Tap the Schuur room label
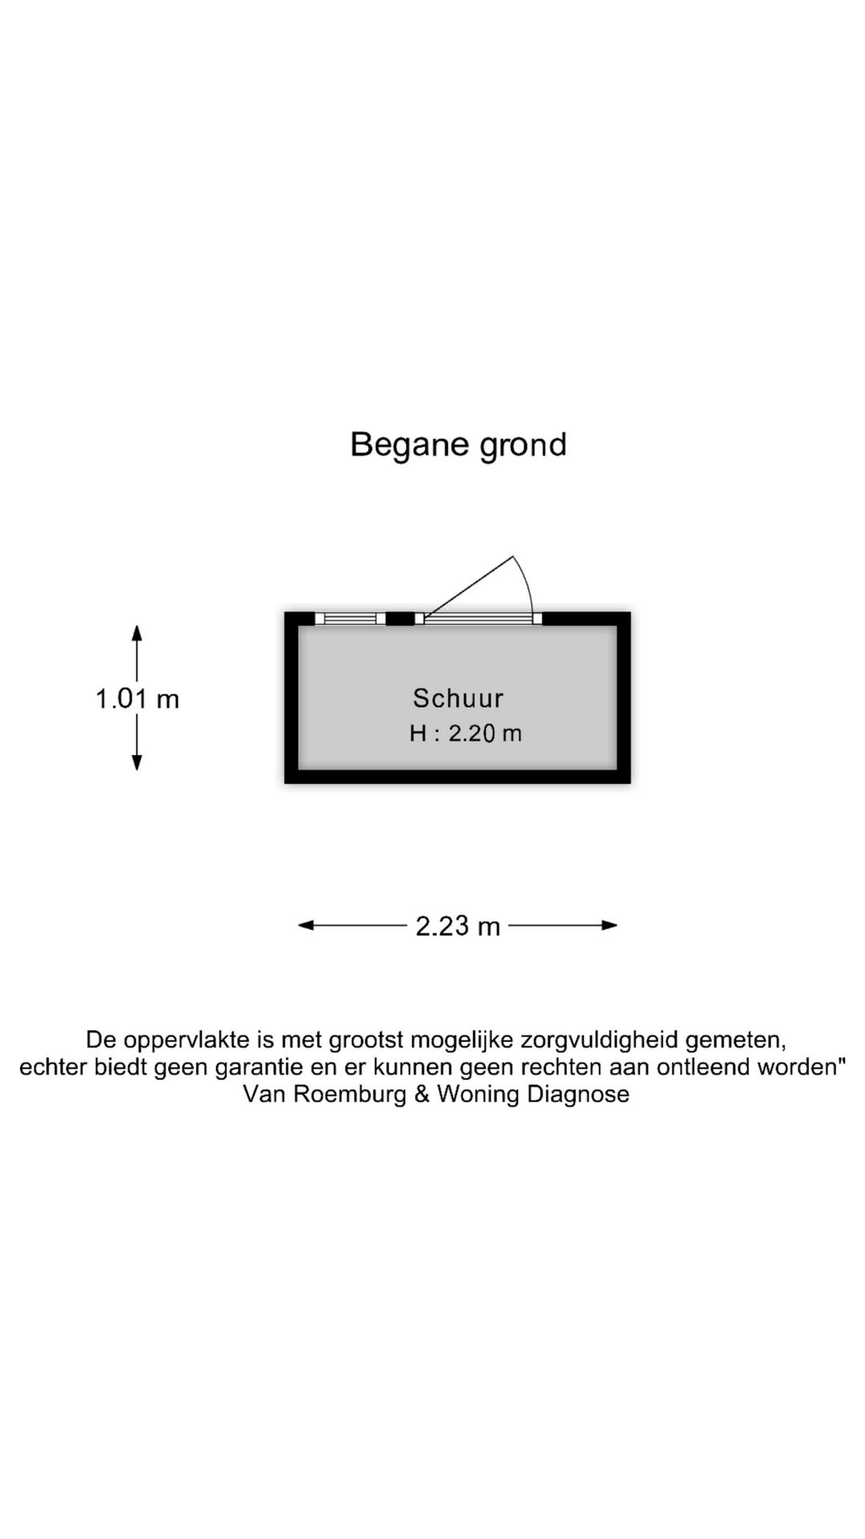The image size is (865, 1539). pos(458,698)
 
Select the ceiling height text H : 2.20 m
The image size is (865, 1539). pos(465,733)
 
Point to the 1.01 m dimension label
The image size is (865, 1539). pos(137,699)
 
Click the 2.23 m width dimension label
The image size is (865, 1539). pos(457,926)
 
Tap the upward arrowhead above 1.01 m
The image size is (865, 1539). pos(137,632)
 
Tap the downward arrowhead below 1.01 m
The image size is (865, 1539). pos(137,762)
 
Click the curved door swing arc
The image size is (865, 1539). pos(527,581)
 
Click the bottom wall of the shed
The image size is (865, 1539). pos(457,776)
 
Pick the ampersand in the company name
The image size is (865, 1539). pos(422,1094)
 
